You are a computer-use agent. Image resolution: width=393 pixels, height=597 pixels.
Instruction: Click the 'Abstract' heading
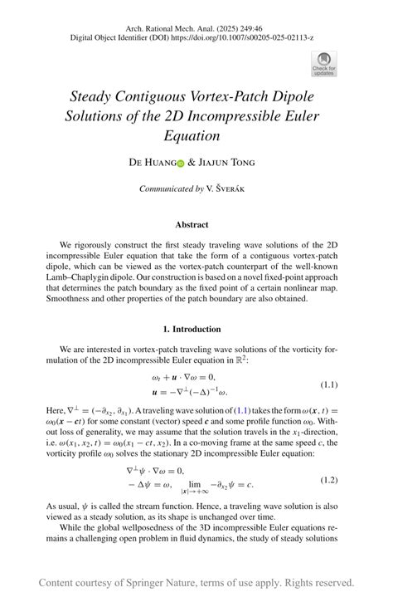(192, 224)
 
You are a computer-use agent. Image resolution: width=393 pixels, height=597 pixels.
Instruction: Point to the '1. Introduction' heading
(192, 329)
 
